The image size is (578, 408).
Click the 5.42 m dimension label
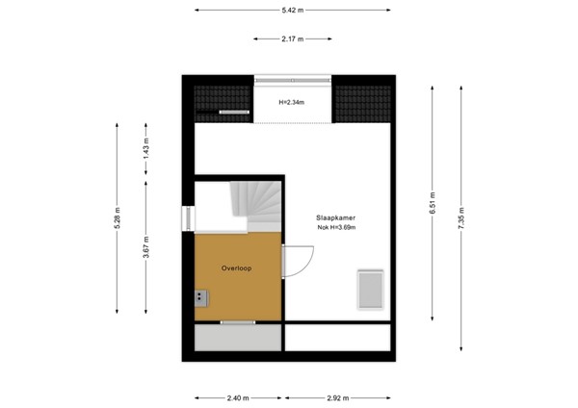coord(292,11)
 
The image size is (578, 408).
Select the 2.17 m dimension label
coord(292,39)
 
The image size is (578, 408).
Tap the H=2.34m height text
coord(292,102)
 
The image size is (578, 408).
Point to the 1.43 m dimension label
coord(145,149)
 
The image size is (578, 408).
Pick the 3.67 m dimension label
coord(145,248)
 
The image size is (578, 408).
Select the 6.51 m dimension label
coord(433,205)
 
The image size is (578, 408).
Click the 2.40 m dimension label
coord(237,396)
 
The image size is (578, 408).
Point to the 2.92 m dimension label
coord(338,396)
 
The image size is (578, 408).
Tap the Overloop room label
coord(236,268)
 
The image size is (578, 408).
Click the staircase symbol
coord(254,203)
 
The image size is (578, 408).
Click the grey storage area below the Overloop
coord(237,338)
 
